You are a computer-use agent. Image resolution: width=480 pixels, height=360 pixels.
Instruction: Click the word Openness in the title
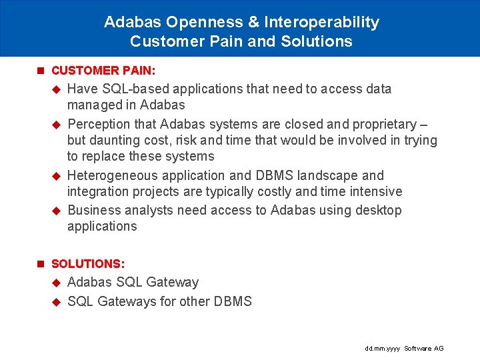tap(204, 22)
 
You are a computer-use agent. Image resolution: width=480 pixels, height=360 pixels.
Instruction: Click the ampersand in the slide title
tap(253, 22)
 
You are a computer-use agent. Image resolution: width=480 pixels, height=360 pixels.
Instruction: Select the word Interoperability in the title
tap(322, 22)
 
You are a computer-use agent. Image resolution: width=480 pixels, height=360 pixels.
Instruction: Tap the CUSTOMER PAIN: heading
tap(103, 70)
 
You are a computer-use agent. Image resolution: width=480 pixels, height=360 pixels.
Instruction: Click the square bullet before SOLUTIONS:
tap(41, 264)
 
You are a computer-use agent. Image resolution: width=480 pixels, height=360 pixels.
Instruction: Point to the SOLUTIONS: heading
tap(88, 264)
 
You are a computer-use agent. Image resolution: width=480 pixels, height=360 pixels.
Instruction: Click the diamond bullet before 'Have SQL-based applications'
tap(57, 89)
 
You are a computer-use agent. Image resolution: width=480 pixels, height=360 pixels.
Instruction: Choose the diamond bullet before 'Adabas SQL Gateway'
tap(57, 282)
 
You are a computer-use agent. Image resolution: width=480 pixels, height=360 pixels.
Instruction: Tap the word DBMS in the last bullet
tap(233, 301)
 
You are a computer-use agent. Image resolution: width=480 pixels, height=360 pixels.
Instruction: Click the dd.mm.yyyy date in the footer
tap(383, 349)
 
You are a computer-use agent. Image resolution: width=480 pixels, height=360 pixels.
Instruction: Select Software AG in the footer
tap(424, 349)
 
